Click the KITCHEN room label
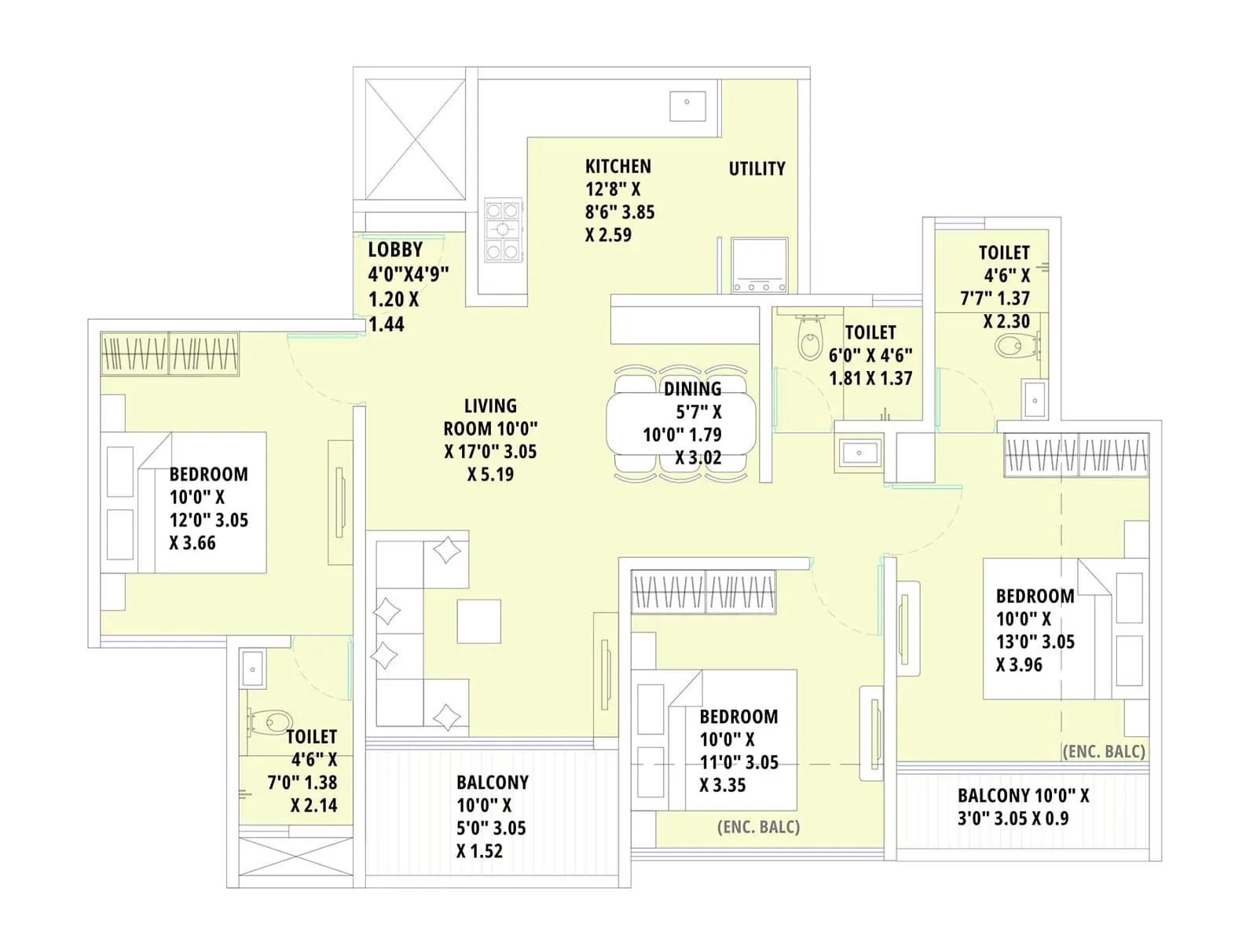[x=618, y=167]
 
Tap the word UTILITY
[x=757, y=169]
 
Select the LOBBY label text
[x=395, y=250]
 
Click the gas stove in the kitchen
[x=502, y=230]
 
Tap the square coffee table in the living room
[x=479, y=622]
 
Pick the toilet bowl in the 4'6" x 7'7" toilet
[x=1013, y=345]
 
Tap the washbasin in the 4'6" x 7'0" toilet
[x=253, y=669]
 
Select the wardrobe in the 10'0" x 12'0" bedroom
[x=170, y=354]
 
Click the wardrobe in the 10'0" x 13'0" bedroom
[x=1076, y=455]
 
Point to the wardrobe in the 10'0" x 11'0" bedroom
[x=704, y=592]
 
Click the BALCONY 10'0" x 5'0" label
[x=492, y=783]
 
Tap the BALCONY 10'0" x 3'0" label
[x=1023, y=796]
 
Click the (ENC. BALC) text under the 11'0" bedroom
[x=758, y=827]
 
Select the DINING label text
[x=692, y=389]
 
